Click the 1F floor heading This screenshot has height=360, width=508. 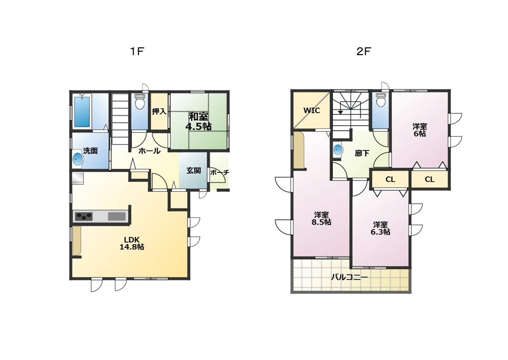pos(137,52)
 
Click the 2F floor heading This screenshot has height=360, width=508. pos(364,52)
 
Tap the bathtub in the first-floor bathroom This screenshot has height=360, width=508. pos(82,111)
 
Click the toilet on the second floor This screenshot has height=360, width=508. pos(381,99)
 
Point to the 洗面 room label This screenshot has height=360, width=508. pos(90,151)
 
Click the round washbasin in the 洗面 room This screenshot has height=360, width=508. pos(78,159)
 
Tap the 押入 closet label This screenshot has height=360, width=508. pos(159,111)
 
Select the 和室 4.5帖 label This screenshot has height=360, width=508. pos(199,122)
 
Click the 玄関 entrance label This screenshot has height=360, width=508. pos(194,171)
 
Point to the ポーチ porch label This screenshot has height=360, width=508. pos(219,172)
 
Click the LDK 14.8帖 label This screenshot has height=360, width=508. pos(132,243)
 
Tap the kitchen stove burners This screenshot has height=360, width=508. pos(84,216)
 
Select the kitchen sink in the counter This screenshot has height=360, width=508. pos(116,216)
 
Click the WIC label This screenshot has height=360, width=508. pos(312,111)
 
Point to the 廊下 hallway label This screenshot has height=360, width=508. pos(362,153)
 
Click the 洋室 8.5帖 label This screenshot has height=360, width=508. pos(321,218)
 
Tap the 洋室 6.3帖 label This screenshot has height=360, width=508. pos(380,228)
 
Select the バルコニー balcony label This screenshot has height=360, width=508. pos(349,277)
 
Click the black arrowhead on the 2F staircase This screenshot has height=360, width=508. pos(340,112)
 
